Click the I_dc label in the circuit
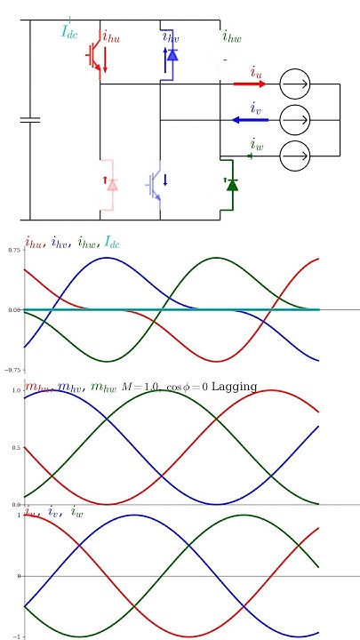(x=69, y=33)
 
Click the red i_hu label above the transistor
(x=111, y=37)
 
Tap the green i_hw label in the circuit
(x=231, y=36)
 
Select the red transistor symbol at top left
(x=94, y=56)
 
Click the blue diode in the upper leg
(x=172, y=55)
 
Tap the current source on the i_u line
(x=295, y=84)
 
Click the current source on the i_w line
(x=295, y=156)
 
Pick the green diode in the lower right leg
(x=231, y=185)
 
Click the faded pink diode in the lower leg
(x=112, y=184)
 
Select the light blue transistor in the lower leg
(x=156, y=184)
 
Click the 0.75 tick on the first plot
(x=14, y=251)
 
